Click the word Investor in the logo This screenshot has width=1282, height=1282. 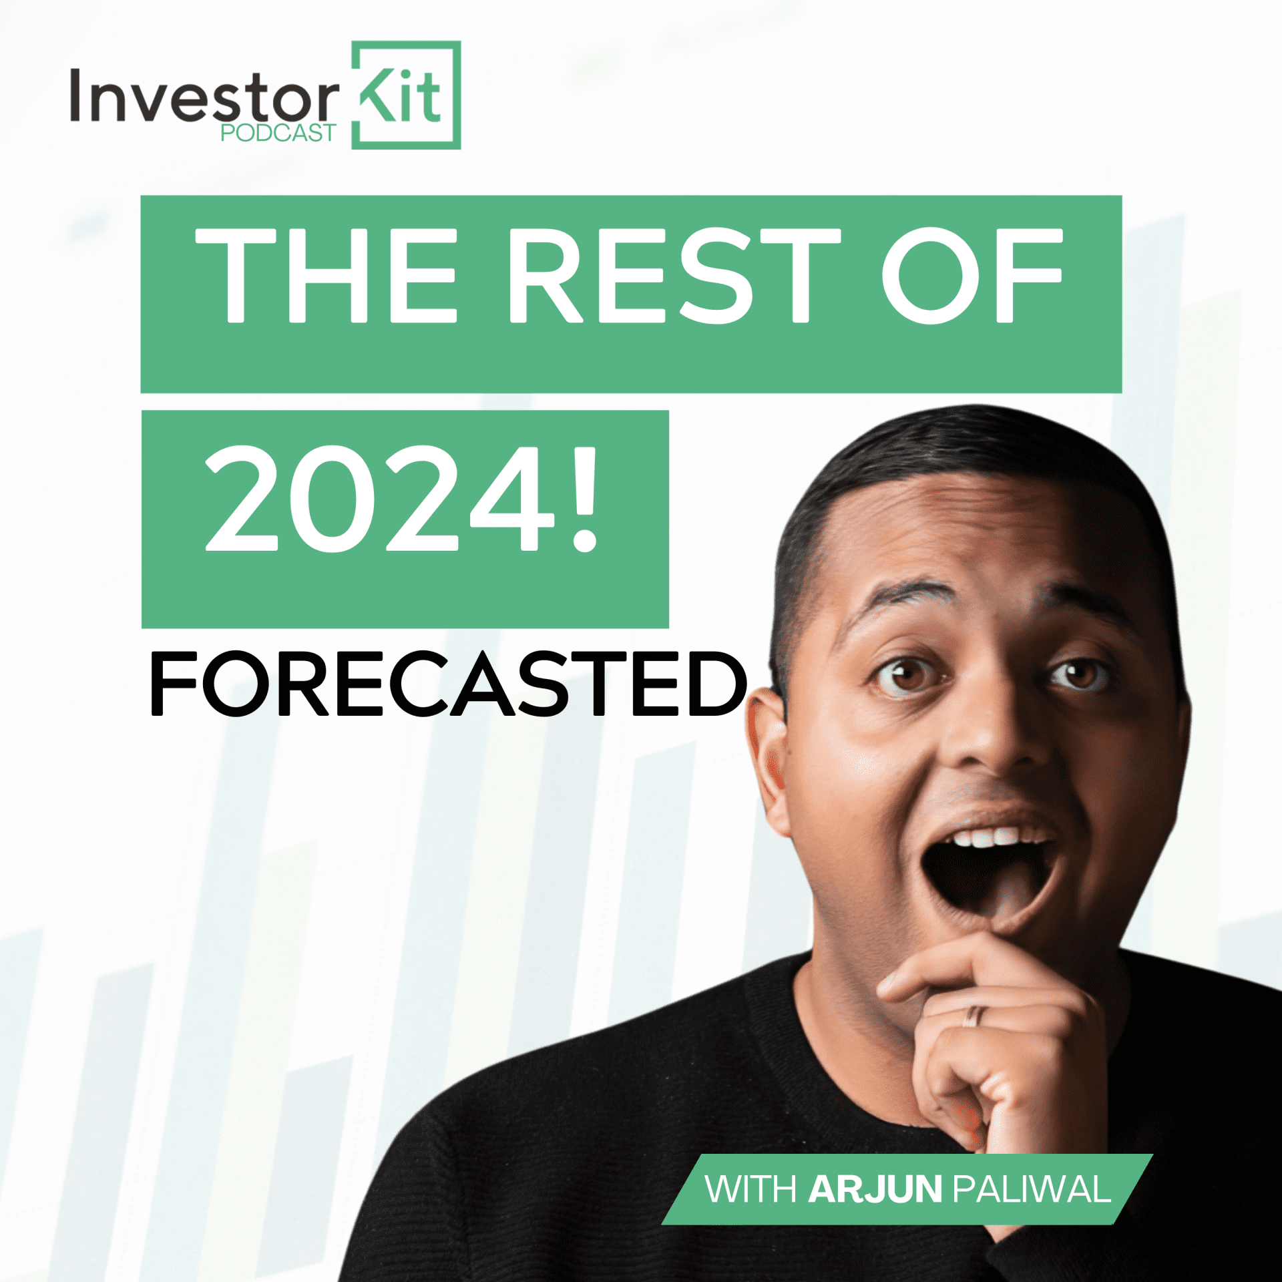click(x=204, y=97)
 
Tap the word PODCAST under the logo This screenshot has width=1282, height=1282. click(x=278, y=134)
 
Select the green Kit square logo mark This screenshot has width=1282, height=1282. click(x=406, y=95)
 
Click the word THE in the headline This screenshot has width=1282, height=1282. click(x=326, y=275)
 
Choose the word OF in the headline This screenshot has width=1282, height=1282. click(x=972, y=275)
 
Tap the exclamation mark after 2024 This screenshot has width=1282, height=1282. click(x=585, y=499)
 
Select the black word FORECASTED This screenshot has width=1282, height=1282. click(x=447, y=684)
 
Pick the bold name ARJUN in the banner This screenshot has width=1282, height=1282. click(x=875, y=1189)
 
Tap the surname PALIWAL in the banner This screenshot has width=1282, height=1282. click(x=1031, y=1189)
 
